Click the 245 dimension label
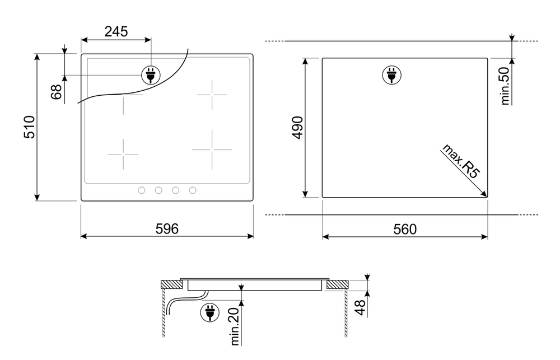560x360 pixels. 116,32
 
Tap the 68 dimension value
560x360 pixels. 57,92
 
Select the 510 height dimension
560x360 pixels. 30,127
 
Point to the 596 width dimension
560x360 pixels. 167,229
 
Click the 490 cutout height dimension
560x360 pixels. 297,128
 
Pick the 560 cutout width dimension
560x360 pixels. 405,230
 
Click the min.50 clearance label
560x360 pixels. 505,86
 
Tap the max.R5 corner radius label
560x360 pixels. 461,161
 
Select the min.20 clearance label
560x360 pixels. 235,326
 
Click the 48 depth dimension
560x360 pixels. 361,307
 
